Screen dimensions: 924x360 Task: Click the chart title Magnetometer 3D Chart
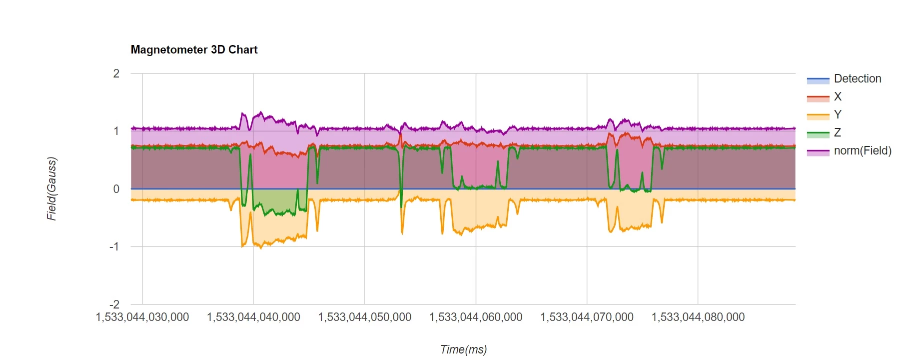click(x=194, y=49)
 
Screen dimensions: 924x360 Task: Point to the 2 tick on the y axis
click(x=116, y=73)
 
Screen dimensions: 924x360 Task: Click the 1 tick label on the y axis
click(x=116, y=131)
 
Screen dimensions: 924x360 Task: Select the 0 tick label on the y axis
click(x=116, y=189)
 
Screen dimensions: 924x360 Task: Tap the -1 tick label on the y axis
click(x=115, y=246)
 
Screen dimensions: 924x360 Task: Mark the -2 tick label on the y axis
click(x=115, y=304)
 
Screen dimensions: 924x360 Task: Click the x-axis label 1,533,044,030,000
click(x=142, y=317)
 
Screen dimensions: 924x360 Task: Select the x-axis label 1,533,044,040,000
click(x=253, y=317)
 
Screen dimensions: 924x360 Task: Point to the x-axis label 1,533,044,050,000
click(x=365, y=317)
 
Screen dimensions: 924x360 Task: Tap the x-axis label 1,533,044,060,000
click(x=476, y=317)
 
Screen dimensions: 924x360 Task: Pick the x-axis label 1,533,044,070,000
click(x=587, y=317)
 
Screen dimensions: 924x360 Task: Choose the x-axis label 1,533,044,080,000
click(x=698, y=317)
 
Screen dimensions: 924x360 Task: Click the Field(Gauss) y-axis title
click(x=51, y=189)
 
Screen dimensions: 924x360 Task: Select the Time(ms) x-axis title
click(x=463, y=349)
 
